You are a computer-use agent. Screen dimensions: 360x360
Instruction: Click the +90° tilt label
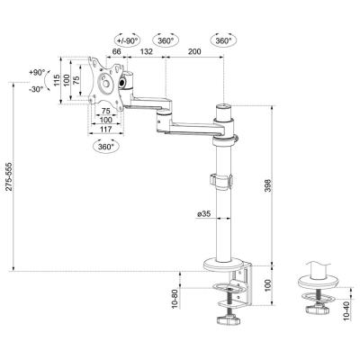(36, 72)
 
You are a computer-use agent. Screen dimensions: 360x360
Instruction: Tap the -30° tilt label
(36, 89)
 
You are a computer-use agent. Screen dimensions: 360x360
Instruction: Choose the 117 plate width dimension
(105, 129)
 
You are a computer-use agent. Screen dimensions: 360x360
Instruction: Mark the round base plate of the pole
(222, 265)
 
